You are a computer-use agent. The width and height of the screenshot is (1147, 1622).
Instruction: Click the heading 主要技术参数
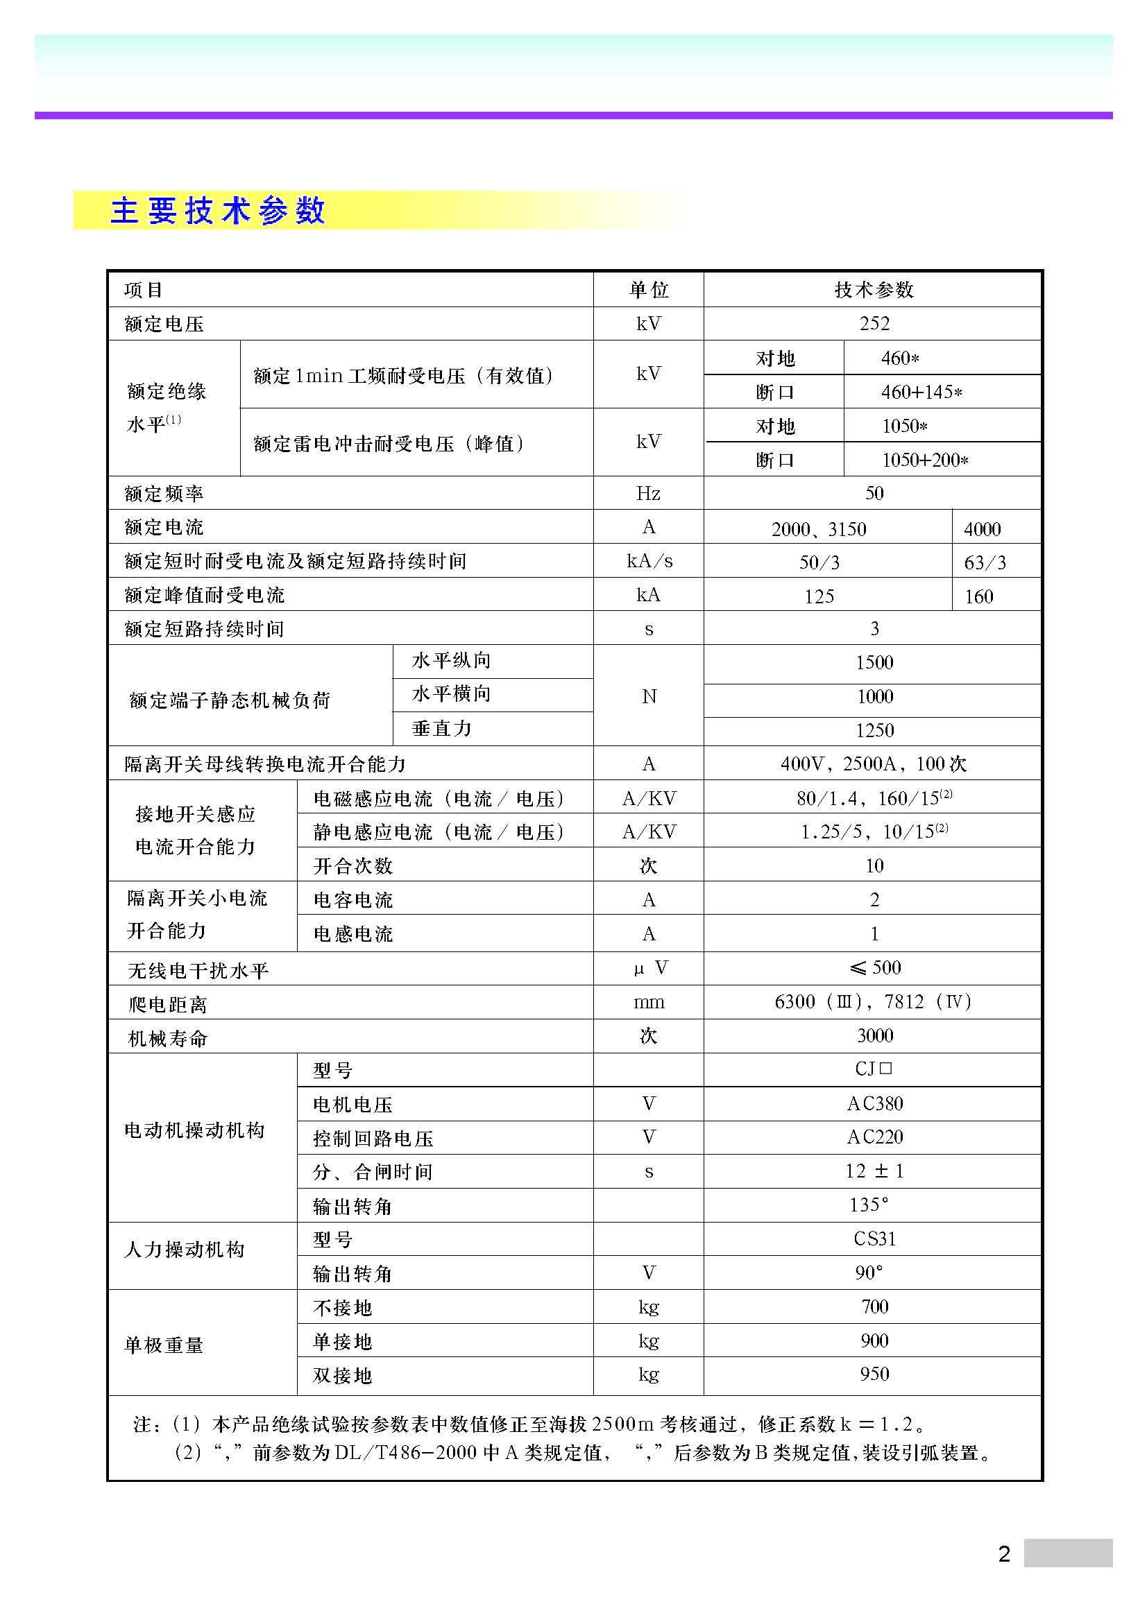218,211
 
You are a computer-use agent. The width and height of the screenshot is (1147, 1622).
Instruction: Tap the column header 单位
648,290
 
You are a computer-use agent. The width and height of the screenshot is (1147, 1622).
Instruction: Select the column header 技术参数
874,290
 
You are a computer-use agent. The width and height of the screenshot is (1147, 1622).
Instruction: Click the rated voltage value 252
874,324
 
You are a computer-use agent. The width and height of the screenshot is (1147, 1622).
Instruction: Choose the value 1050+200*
924,460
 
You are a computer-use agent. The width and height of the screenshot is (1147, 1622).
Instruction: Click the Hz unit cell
648,493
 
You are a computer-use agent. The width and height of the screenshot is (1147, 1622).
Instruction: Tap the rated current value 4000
982,528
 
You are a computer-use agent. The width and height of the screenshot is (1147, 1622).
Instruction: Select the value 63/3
985,562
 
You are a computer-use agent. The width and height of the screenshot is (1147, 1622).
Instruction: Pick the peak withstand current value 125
818,596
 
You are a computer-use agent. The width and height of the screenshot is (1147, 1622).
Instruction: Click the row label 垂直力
442,728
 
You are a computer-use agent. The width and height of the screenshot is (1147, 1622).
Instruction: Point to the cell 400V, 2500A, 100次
874,763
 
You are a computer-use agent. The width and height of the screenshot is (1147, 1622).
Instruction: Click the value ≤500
875,967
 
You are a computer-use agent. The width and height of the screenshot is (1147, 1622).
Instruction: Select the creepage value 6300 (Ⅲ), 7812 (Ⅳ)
874,1002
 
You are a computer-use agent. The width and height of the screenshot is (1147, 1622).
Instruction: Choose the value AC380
875,1103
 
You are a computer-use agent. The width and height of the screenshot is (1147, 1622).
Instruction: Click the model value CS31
875,1239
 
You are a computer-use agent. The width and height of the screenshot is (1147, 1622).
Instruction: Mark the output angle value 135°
869,1205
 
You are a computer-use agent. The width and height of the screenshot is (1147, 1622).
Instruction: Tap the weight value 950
874,1374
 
